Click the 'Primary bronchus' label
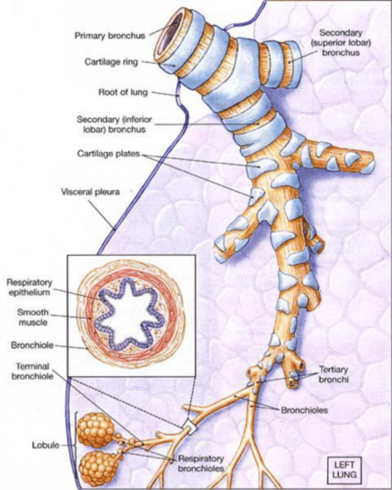click(110, 36)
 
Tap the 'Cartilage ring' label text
click(111, 62)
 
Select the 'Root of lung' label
click(123, 92)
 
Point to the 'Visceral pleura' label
click(90, 192)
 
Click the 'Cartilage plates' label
click(108, 154)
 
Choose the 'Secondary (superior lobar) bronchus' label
click(340, 42)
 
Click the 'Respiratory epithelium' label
click(29, 287)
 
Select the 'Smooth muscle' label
click(33, 317)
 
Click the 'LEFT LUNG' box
click(345, 470)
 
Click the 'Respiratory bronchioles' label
click(201, 463)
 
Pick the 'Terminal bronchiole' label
click(32, 371)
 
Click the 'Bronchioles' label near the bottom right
click(304, 410)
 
